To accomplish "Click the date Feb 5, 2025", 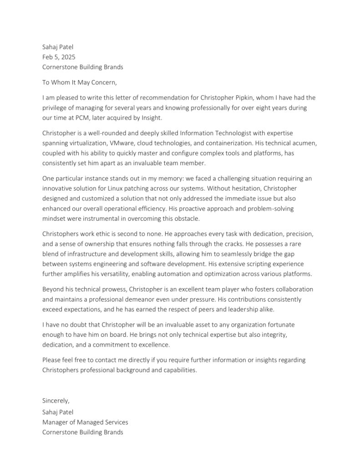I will [x=59, y=57].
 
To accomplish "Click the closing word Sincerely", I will [x=56, y=401].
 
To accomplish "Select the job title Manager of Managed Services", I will [x=85, y=422].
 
